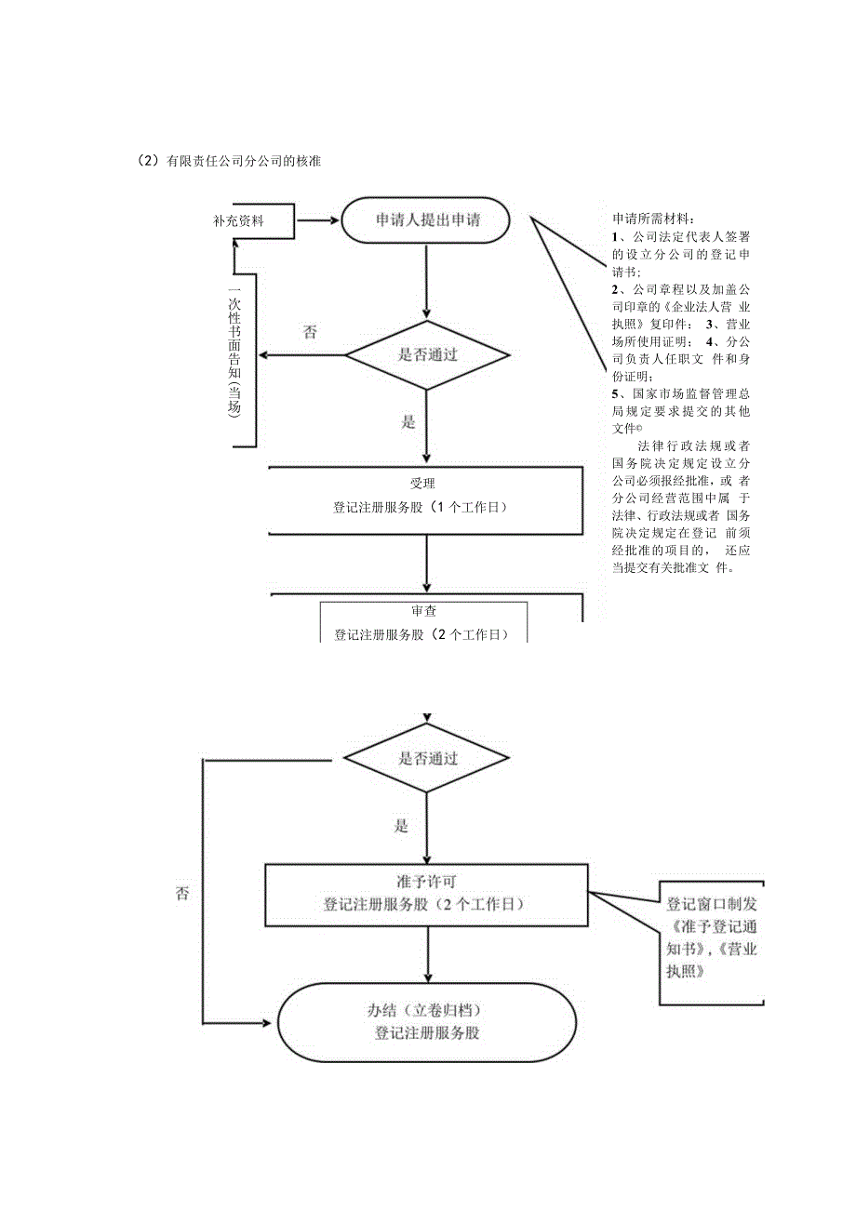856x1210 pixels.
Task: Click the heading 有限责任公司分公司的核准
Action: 243,161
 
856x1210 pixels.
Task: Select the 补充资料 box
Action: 238,221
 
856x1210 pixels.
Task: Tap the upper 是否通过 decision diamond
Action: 427,354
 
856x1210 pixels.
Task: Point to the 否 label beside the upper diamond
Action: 309,333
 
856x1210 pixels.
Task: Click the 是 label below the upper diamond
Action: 407,422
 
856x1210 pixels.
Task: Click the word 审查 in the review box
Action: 423,612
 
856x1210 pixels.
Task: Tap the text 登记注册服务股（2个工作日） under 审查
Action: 423,634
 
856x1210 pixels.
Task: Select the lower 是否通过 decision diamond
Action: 427,758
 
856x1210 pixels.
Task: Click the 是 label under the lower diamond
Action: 402,825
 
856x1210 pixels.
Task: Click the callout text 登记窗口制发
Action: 713,903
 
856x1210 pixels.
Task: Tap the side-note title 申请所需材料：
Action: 653,219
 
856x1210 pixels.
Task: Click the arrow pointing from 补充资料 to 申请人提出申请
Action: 316,221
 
